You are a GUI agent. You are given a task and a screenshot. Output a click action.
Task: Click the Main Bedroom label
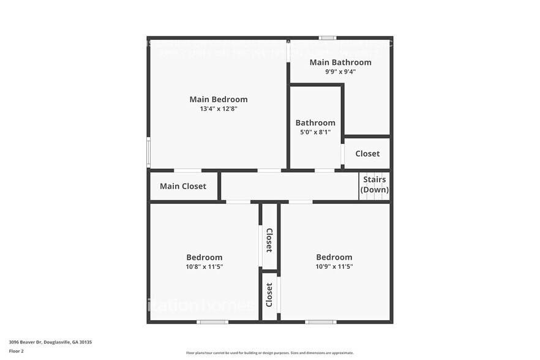[x=218, y=99]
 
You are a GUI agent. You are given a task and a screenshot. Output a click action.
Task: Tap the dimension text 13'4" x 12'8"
[x=218, y=109]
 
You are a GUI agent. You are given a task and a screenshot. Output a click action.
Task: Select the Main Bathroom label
[x=340, y=62]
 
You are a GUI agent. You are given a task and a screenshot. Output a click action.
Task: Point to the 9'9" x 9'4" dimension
[x=340, y=72]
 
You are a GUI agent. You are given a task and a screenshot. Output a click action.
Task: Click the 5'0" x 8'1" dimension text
[x=315, y=132]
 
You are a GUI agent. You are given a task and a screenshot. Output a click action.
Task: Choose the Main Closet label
[x=182, y=186]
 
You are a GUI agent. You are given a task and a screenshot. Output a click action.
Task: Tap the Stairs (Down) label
[x=374, y=184]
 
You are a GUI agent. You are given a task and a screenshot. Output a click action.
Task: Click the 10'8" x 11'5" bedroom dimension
[x=204, y=267]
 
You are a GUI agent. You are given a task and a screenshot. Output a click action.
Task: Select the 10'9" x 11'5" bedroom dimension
[x=334, y=267]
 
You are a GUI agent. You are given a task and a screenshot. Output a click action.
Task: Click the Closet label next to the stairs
[x=367, y=154]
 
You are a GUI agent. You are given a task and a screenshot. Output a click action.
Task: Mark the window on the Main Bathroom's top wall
[x=328, y=38]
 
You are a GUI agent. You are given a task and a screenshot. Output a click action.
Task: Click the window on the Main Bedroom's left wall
[x=148, y=152]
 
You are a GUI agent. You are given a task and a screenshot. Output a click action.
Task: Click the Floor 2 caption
[x=17, y=351]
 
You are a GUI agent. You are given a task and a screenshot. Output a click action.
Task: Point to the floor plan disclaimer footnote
[x=269, y=353]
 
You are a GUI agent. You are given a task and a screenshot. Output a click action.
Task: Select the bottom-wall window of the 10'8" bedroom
[x=212, y=321]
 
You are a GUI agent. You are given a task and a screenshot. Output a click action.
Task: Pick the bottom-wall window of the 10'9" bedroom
[x=321, y=321]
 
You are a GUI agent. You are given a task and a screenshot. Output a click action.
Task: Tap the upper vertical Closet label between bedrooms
[x=269, y=240]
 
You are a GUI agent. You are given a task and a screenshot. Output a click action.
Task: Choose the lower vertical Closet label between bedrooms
[x=269, y=295]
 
